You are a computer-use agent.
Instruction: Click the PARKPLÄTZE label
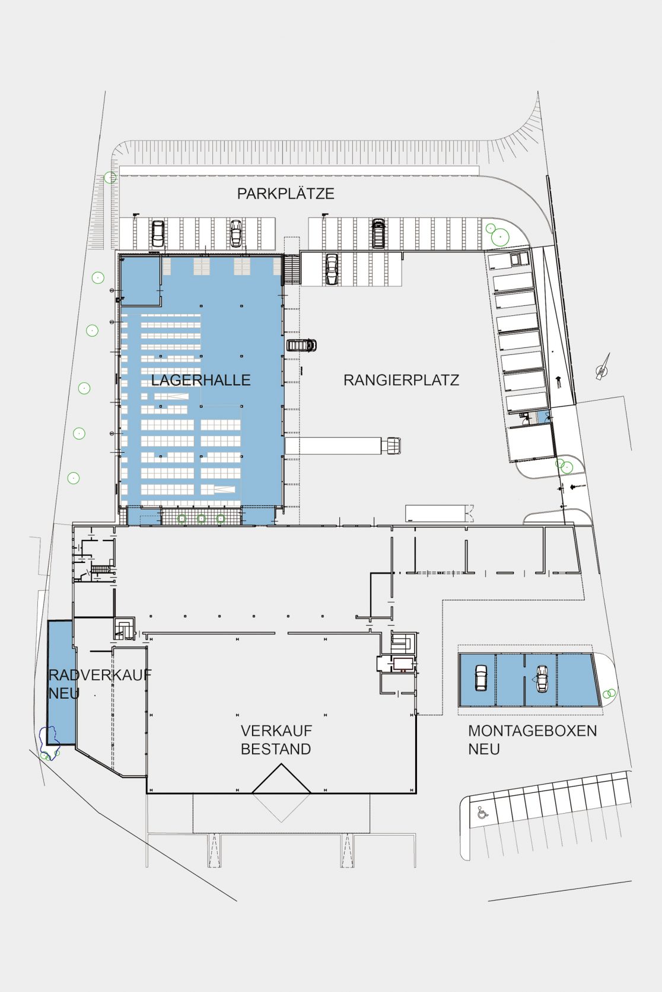tap(285, 194)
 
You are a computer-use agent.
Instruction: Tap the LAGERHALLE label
tap(200, 380)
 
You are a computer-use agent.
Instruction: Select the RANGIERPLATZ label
tap(401, 380)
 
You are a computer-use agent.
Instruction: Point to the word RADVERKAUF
tap(100, 675)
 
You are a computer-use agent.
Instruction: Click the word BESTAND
tap(276, 749)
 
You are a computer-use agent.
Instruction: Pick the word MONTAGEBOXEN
tap(532, 731)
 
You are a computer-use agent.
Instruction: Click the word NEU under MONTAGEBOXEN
tap(483, 749)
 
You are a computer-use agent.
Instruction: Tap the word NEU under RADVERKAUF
tap(64, 693)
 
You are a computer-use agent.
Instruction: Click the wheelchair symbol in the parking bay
tap(482, 812)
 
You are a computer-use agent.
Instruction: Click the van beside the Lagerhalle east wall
tap(301, 345)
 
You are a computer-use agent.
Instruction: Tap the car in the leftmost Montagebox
tap(480, 678)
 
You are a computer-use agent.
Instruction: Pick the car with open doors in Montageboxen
tap(541, 679)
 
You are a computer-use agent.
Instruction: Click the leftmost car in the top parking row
tap(158, 233)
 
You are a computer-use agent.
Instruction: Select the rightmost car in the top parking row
tap(378, 233)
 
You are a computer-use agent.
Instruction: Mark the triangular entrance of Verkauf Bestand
tap(281, 780)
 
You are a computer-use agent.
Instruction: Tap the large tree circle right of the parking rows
tap(499, 237)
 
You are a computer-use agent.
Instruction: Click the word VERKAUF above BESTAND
tap(276, 731)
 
